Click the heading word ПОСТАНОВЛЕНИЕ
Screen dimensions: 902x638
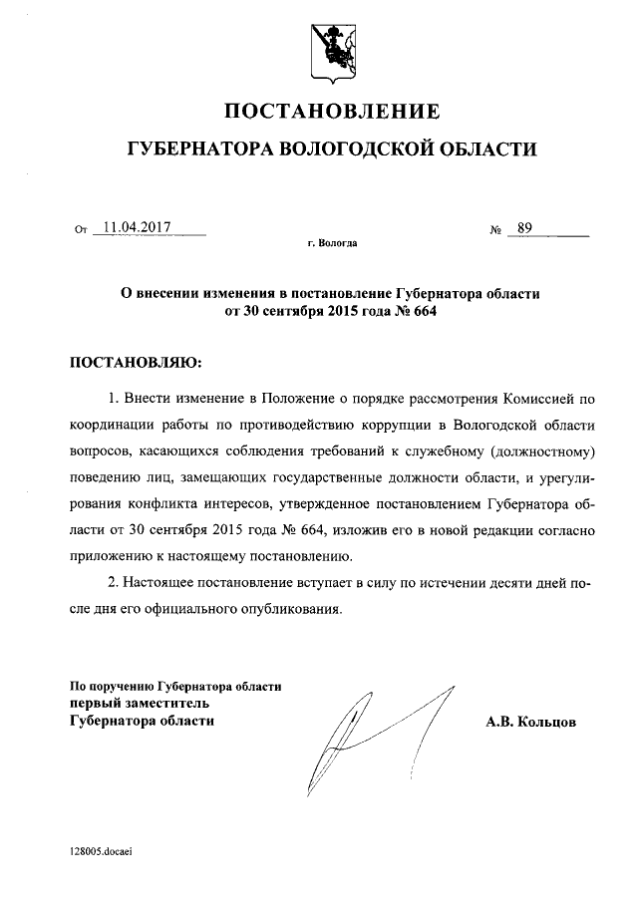click(x=330, y=109)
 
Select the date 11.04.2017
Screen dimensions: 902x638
click(x=138, y=227)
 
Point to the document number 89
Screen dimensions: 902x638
click(x=525, y=227)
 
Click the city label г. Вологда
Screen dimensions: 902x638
click(x=332, y=243)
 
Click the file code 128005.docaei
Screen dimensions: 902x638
click(x=102, y=853)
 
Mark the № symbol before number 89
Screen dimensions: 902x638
click(x=495, y=229)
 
